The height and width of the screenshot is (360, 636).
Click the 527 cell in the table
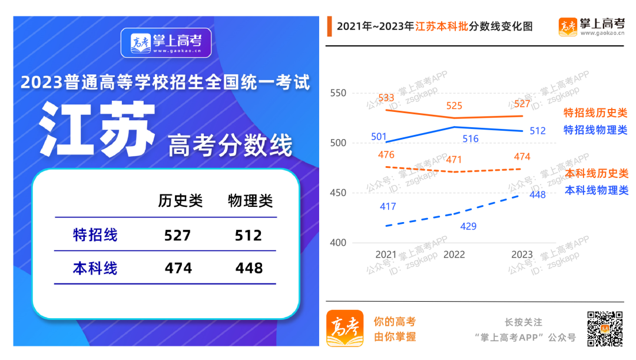[178, 236]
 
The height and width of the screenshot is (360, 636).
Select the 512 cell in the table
[249, 236]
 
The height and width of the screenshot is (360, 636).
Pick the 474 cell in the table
[178, 269]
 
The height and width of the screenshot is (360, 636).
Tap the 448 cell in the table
[249, 269]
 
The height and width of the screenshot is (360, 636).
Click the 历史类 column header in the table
[180, 201]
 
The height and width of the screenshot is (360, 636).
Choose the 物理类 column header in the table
[250, 201]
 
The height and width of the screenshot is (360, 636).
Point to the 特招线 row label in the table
[95, 235]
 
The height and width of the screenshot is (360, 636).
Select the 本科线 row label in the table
[95, 269]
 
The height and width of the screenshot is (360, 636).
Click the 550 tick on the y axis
[339, 93]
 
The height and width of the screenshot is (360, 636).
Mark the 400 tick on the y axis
[339, 242]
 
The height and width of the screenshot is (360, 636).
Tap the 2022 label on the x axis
[454, 255]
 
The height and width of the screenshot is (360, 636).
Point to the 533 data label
[386, 98]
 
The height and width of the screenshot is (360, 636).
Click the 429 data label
[468, 226]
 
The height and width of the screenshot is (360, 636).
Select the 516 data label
[471, 139]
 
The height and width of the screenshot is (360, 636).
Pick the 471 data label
[454, 160]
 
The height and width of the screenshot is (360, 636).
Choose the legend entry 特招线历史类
[595, 113]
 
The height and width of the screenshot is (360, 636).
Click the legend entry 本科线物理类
[597, 190]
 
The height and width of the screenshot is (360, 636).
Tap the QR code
[604, 329]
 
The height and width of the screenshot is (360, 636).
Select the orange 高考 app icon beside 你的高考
[345, 328]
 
